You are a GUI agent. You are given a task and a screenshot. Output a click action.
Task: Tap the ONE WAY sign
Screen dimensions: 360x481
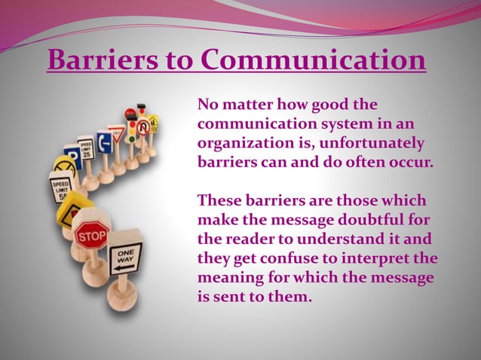point(124,257)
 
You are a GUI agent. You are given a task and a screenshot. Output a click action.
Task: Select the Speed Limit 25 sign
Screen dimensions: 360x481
point(86,148)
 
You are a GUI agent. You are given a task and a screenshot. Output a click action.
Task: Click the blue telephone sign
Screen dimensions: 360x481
point(103,141)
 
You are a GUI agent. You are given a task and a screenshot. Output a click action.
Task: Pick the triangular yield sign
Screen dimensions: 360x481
point(115,134)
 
